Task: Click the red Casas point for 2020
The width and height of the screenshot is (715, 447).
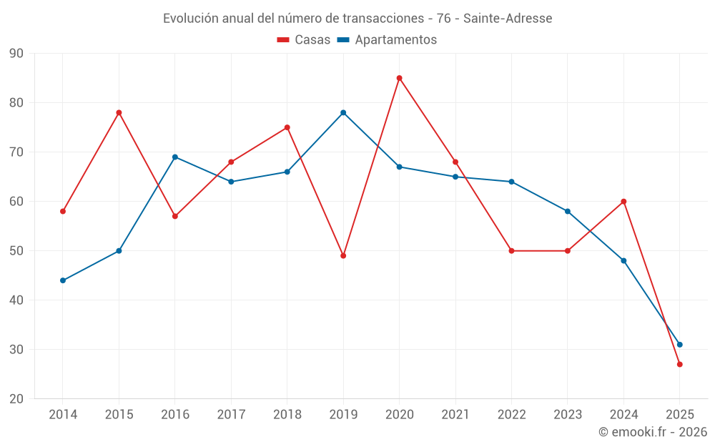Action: (x=399, y=78)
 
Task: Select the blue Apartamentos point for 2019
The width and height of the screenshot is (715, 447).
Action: (x=343, y=112)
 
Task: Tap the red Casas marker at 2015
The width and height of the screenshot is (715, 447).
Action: (x=119, y=112)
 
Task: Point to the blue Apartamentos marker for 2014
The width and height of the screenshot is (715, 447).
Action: (x=63, y=280)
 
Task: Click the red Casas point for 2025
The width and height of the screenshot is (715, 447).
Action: (x=679, y=364)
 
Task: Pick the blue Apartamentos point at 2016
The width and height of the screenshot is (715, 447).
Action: (x=175, y=157)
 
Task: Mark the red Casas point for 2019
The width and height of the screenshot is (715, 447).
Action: (x=343, y=255)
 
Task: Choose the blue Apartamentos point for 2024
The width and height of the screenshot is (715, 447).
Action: (x=623, y=260)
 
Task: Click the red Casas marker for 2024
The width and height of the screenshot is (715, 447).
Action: (x=623, y=201)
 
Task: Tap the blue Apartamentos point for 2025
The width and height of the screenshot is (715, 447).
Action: (x=679, y=345)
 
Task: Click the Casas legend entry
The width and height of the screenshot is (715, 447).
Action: (x=304, y=40)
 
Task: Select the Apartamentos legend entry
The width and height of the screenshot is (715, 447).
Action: (x=387, y=40)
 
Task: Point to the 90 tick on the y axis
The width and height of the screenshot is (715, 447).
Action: (x=16, y=54)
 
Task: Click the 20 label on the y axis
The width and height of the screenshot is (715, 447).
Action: (x=16, y=399)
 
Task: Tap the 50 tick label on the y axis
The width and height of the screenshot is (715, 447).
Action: (x=16, y=251)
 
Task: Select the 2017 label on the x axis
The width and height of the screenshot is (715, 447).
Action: (x=231, y=415)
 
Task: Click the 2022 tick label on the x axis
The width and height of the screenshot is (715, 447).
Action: (x=511, y=415)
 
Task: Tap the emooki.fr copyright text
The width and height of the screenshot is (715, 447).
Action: (x=653, y=432)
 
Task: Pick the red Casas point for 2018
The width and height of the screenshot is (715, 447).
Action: (x=287, y=127)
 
